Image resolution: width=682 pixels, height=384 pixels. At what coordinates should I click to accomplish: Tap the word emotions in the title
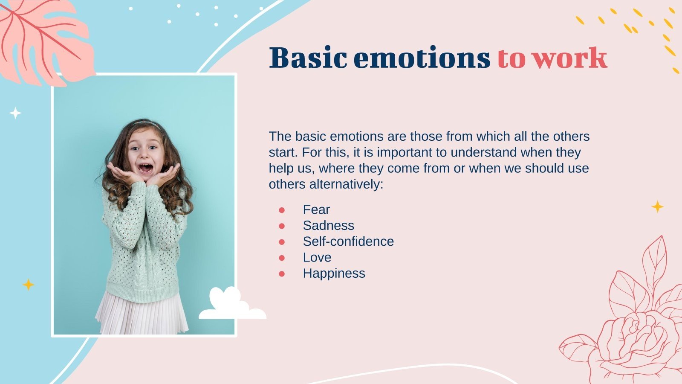click(422, 58)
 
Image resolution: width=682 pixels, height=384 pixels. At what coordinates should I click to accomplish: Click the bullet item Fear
click(316, 209)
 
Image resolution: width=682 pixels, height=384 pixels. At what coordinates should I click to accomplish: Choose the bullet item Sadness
click(328, 225)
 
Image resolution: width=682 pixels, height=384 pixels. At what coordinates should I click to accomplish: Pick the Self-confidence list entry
click(348, 241)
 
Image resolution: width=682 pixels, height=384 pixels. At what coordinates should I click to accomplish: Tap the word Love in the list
click(317, 257)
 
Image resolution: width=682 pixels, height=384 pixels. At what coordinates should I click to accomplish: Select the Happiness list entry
click(334, 273)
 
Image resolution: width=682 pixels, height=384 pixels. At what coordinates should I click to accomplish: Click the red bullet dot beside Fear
click(282, 210)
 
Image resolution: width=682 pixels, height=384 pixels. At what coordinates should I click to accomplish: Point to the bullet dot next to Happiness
click(282, 273)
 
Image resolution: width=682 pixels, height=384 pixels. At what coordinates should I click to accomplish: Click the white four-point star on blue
click(15, 113)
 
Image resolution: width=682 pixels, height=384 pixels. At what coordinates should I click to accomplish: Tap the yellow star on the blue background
click(28, 285)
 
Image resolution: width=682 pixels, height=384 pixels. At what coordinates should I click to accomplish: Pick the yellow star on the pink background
click(657, 207)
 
